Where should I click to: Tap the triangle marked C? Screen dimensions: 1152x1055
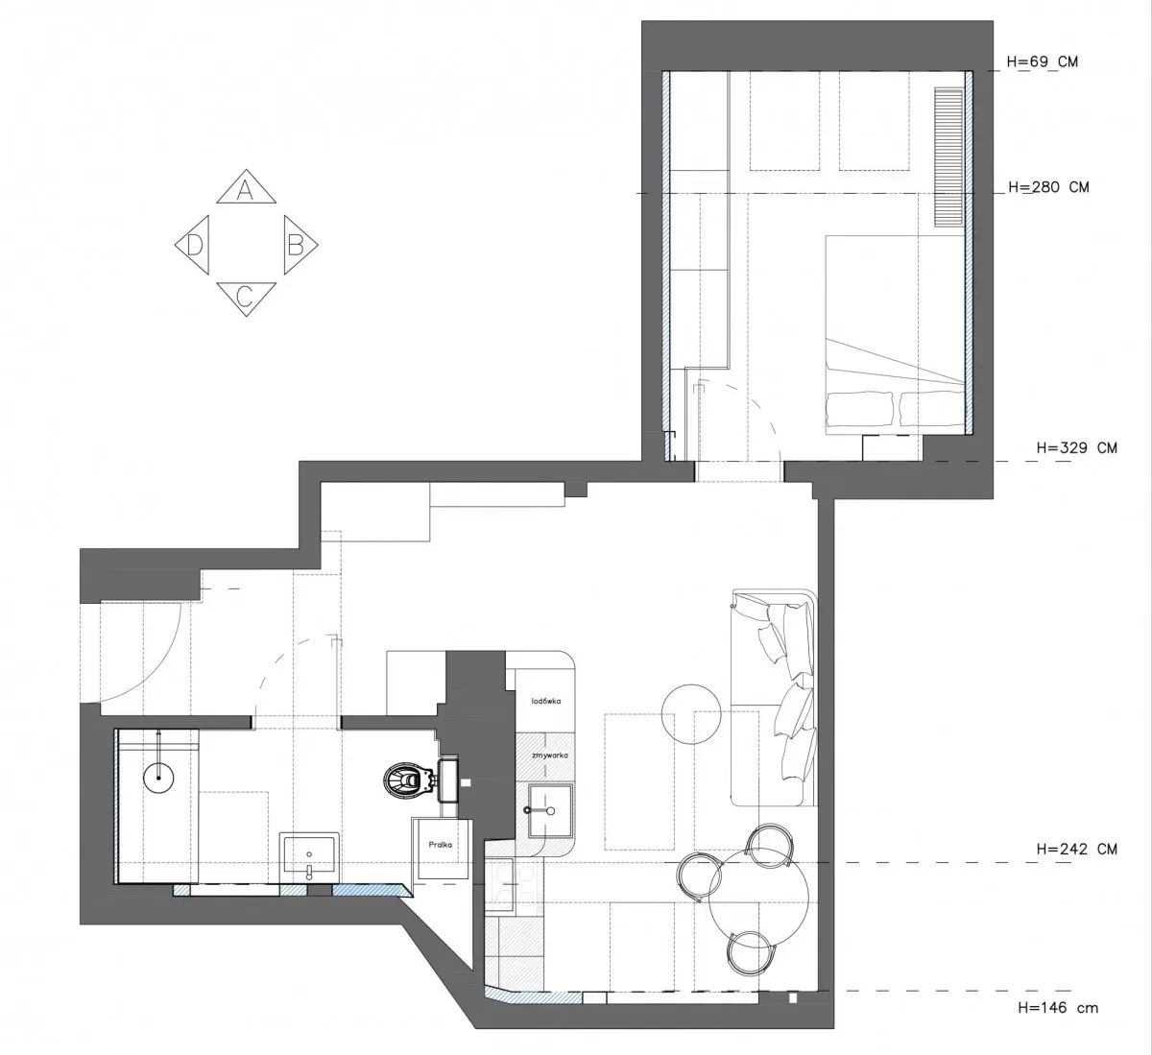click(246, 297)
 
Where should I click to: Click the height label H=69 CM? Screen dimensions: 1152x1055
click(1043, 61)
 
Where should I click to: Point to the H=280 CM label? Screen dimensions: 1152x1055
click(1048, 187)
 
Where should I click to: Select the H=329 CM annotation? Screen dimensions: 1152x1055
click(1077, 448)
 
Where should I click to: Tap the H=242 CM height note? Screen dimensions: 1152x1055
click(1077, 849)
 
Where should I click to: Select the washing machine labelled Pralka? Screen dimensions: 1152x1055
click(442, 850)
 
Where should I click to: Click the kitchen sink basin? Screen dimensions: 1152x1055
click(550, 810)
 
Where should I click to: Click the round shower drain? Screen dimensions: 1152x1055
click(158, 779)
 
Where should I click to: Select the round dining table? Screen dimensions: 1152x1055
click(758, 898)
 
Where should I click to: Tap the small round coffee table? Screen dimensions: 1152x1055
click(691, 714)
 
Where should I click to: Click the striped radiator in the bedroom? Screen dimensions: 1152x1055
click(948, 156)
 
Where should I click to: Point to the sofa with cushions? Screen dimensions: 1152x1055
click(773, 698)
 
